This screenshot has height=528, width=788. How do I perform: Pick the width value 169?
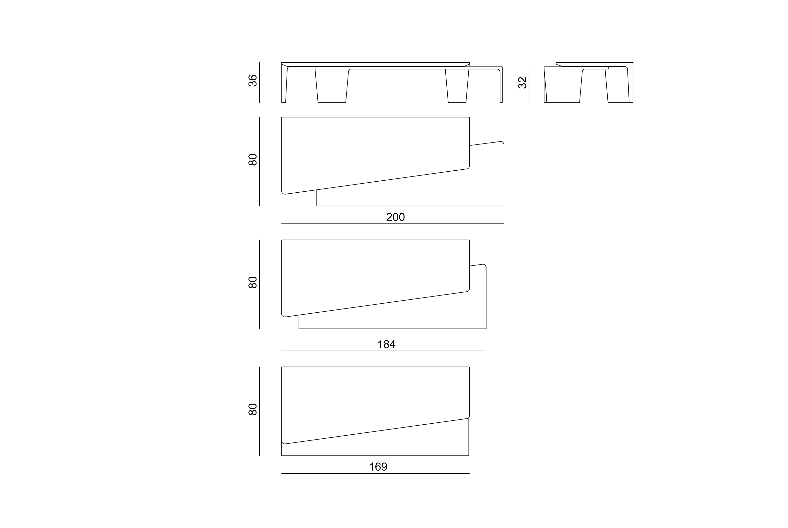378,467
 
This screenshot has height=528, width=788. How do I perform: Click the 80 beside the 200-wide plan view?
253,160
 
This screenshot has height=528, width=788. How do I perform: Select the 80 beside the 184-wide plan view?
253,282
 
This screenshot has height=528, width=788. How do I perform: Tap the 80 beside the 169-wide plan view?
253,409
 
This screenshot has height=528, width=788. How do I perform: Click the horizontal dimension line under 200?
393,224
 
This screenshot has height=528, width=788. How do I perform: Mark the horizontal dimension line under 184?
384,351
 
